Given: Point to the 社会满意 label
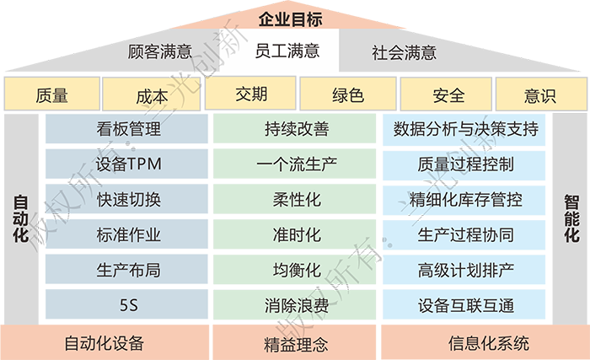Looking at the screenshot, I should [405, 51].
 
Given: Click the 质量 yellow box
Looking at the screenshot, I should [52, 95].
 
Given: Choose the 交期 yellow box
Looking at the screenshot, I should [251, 94].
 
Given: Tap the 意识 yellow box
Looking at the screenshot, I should [539, 95].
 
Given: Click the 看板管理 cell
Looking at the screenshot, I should [129, 130].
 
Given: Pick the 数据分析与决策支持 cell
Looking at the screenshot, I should [465, 130].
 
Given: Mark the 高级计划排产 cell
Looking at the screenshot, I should [465, 271].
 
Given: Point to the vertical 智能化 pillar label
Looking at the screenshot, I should [571, 218].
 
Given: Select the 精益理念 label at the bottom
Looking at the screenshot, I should [295, 344].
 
